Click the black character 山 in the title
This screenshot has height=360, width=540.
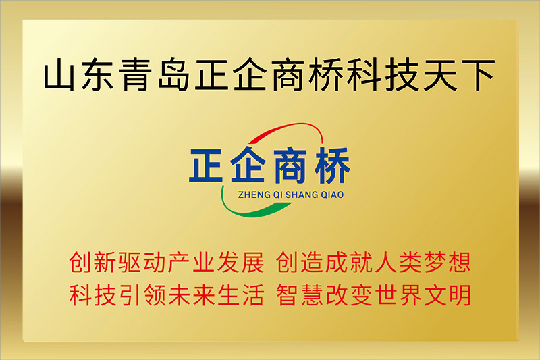(59, 75)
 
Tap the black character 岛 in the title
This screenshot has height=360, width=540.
(173, 75)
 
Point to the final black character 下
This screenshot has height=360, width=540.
(478, 76)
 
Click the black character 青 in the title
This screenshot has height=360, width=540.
(136, 75)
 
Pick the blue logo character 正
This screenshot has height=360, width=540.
(207, 165)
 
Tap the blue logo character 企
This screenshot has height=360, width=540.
(247, 165)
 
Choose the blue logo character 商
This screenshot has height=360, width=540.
(290, 165)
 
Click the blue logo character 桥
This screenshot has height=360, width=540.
(332, 165)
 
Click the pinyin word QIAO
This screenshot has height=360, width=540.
(332, 195)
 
